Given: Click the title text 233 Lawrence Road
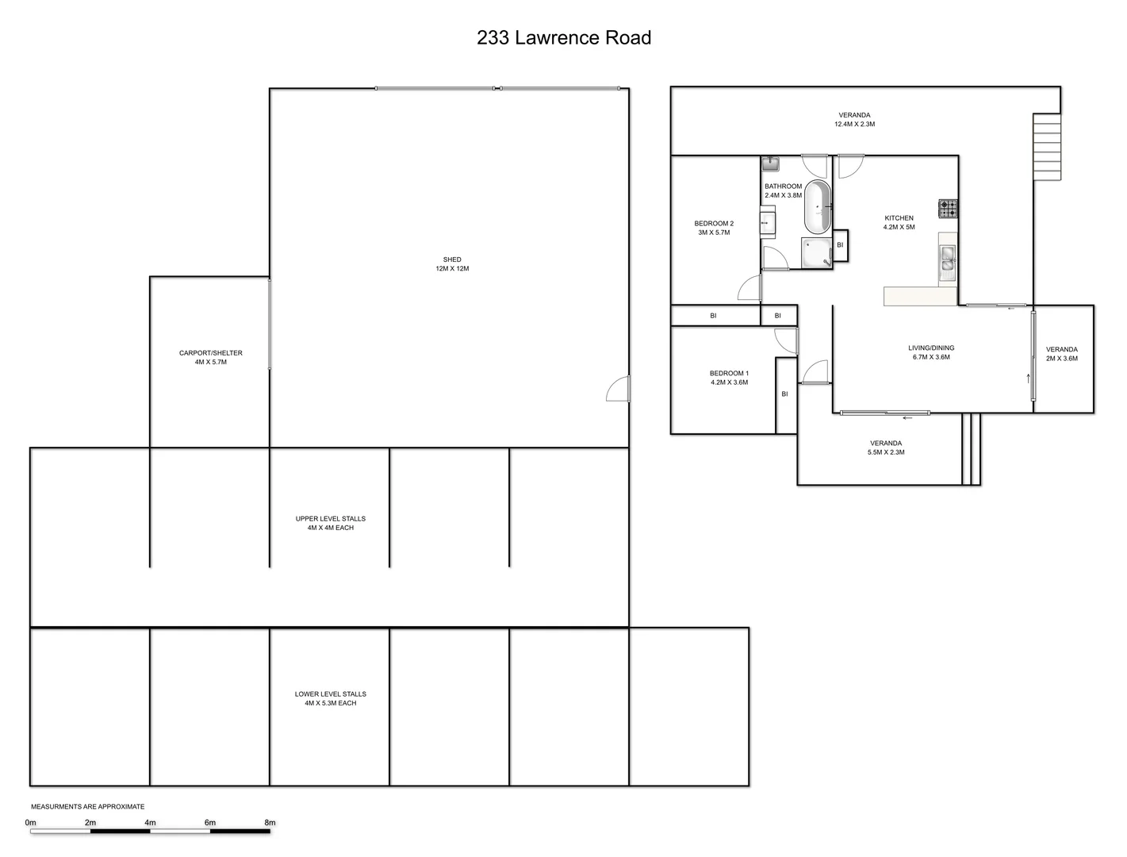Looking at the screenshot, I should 564,37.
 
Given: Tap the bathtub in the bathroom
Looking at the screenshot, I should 818,206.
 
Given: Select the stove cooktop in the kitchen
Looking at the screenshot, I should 948,209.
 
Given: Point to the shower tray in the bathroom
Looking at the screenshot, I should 816,253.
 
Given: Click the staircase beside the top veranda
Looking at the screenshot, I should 1046,147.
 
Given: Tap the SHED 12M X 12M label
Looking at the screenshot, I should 452,264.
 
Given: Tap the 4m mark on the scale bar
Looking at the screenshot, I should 151,823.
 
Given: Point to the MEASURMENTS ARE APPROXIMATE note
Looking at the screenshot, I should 87,806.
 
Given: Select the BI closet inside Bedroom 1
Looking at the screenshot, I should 785,394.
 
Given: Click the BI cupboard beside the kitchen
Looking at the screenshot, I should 840,245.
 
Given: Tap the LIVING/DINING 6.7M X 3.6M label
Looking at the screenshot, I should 931,352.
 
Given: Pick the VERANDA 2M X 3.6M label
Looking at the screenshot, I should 1062,353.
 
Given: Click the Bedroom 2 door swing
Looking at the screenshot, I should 749,289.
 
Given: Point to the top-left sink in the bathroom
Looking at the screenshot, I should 770,163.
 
